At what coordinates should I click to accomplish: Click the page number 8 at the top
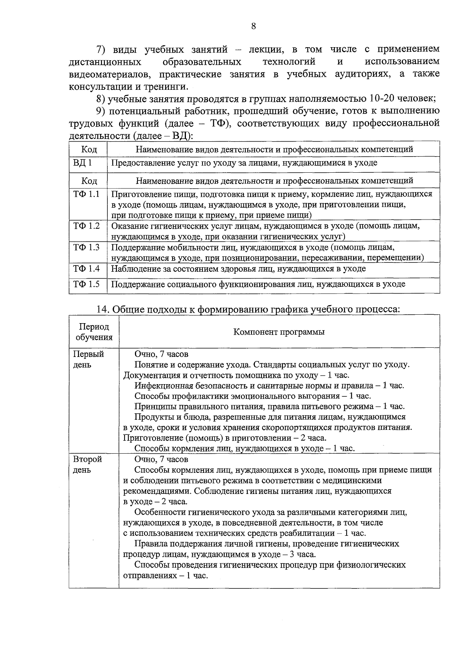pyautogui.click(x=253, y=26)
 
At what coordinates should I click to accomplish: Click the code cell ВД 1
pyautogui.click(x=82, y=163)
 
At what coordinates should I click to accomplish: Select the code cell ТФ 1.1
pyautogui.click(x=86, y=194)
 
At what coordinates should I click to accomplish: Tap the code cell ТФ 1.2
pyautogui.click(x=86, y=226)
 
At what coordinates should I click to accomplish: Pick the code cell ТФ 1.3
pyautogui.click(x=86, y=248)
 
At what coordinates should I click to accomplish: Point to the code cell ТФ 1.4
pyautogui.click(x=86, y=269)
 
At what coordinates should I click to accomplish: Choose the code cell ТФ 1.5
pyautogui.click(x=86, y=284)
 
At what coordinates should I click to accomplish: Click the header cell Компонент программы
pyautogui.click(x=279, y=332)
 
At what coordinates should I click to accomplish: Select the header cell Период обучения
pyautogui.click(x=94, y=332)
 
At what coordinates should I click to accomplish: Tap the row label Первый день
pyautogui.click(x=89, y=359)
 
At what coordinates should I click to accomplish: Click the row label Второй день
pyautogui.click(x=88, y=464)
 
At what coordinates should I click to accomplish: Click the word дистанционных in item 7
pyautogui.click(x=105, y=62)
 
